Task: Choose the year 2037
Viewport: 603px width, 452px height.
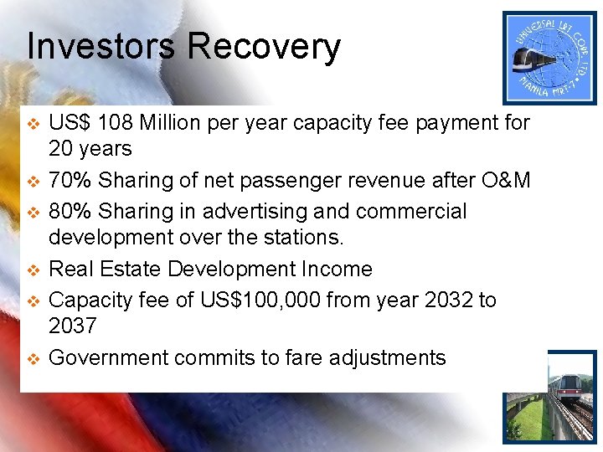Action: (73, 326)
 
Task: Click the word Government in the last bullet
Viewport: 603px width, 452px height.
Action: (109, 358)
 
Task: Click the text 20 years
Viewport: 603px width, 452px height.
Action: (90, 149)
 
